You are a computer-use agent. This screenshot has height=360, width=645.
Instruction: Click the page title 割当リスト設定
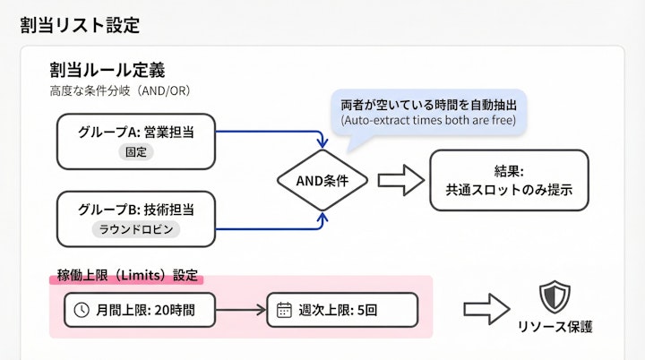[80, 25]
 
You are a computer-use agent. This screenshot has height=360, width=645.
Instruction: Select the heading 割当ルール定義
[107, 70]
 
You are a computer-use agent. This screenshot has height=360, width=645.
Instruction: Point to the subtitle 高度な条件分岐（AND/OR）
[120, 91]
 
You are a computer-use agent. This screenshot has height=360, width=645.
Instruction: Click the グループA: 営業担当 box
[135, 141]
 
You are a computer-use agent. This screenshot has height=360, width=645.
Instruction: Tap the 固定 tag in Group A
[136, 152]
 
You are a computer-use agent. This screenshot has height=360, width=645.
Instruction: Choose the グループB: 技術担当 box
[135, 219]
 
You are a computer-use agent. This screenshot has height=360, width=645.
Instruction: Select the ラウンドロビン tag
[136, 229]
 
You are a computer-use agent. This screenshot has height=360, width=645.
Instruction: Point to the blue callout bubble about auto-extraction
[428, 111]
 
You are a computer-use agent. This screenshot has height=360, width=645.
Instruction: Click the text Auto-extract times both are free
[428, 120]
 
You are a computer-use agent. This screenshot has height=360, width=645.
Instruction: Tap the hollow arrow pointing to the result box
[400, 180]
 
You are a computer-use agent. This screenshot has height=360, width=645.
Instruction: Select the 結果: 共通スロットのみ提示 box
[508, 180]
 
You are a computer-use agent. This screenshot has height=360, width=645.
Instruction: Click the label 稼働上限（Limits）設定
[126, 275]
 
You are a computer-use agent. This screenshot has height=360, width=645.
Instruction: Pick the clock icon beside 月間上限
[82, 310]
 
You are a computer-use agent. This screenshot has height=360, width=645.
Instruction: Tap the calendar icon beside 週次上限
[284, 310]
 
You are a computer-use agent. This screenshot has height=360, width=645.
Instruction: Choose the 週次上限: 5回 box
[342, 310]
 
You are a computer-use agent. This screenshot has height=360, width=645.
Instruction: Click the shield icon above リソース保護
[553, 296]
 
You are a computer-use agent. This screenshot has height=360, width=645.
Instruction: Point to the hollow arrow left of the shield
[486, 309]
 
